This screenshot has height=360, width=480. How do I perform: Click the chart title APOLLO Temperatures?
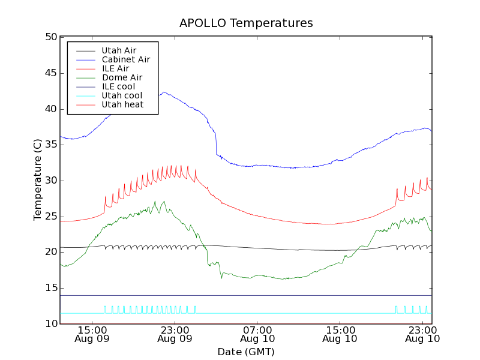tap(246, 23)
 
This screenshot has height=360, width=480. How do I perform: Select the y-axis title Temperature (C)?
tap(38, 180)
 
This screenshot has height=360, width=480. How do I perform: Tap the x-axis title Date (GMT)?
tap(246, 352)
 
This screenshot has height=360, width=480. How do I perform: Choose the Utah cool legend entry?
tap(122, 95)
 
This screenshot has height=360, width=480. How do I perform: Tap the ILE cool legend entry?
tap(118, 86)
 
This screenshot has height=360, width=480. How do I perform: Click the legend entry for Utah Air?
tap(119, 51)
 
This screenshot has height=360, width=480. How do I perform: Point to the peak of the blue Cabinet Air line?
tap(164, 92)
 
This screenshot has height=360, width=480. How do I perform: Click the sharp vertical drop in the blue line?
tap(216, 144)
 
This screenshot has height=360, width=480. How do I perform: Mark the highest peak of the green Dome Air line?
tap(164, 202)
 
